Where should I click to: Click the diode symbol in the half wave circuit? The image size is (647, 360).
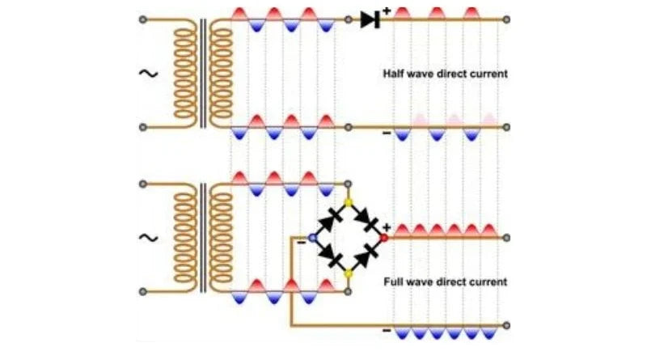tap(370, 19)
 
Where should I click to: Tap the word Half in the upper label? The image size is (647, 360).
tap(394, 74)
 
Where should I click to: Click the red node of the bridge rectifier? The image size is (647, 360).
tap(384, 238)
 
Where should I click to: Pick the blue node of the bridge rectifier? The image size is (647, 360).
tap(313, 239)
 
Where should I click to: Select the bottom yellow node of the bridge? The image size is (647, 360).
tap(349, 274)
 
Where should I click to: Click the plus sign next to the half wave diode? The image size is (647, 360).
tap(387, 11)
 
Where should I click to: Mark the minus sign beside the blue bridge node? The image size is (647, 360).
tap(302, 240)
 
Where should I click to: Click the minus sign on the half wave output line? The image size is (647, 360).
tap(386, 133)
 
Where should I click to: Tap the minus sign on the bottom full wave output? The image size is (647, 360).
tap(386, 331)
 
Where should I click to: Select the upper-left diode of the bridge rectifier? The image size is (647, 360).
tap(331, 220)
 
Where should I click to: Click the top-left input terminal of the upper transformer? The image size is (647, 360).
tap(143, 19)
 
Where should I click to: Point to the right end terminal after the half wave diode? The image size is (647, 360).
tap(506, 19)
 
